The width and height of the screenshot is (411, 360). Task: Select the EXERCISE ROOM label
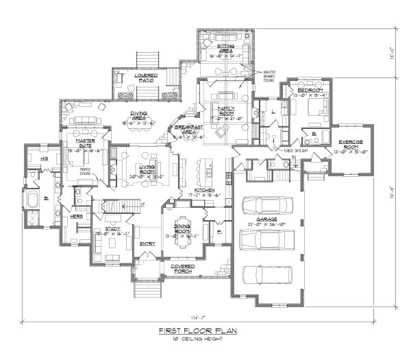coord(355,144)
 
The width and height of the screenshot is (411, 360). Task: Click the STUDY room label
coord(103,231)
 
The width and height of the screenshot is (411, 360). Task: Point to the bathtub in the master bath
coord(32,203)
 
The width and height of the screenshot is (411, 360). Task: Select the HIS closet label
coord(34,158)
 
